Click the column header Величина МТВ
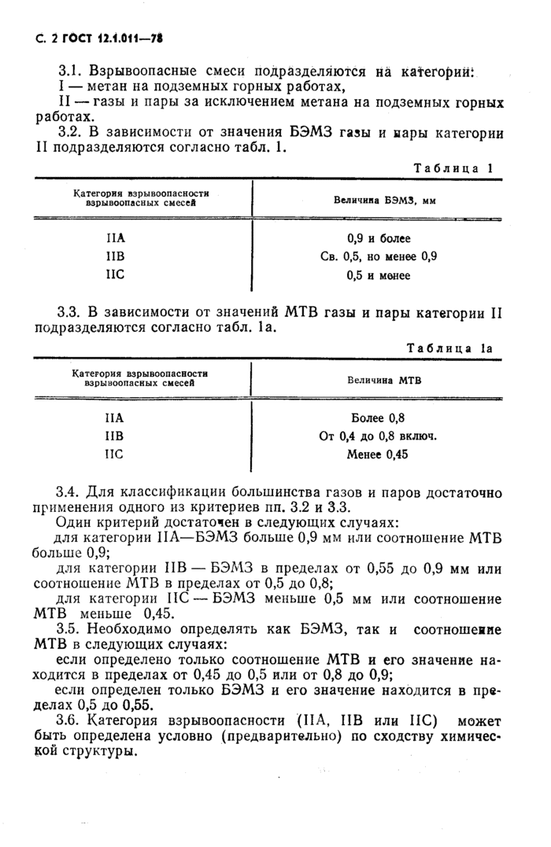pyautogui.click(x=384, y=379)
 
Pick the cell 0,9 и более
pyautogui.click(x=379, y=238)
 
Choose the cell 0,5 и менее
pyautogui.click(x=379, y=275)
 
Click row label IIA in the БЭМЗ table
pyautogui.click(x=116, y=238)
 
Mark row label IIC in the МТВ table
pyautogui.click(x=116, y=454)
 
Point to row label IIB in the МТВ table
pyautogui.click(x=116, y=436)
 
